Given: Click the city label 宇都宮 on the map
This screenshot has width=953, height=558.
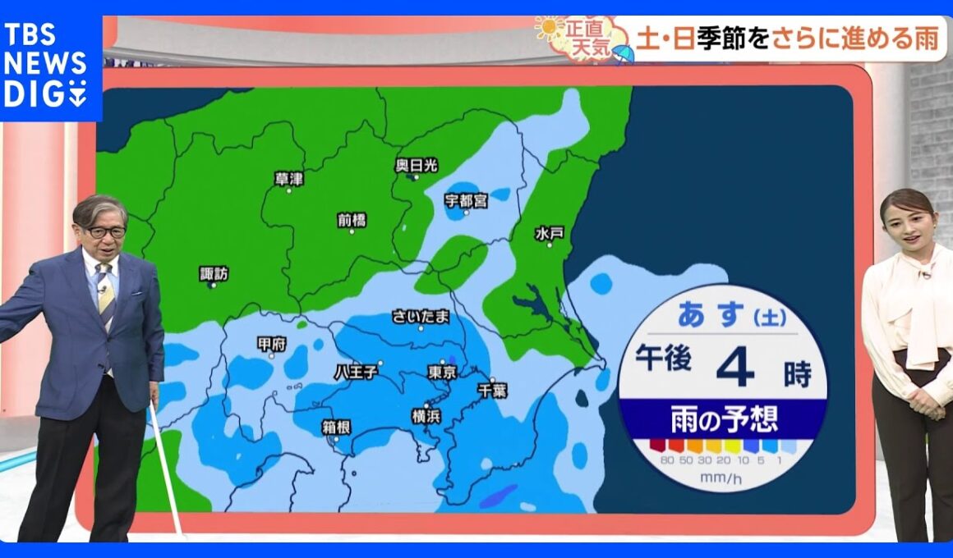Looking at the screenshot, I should pyautogui.click(x=466, y=199).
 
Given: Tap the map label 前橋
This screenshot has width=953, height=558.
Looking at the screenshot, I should pyautogui.click(x=352, y=219).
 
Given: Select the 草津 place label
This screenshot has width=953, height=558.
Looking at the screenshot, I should pyautogui.click(x=289, y=178).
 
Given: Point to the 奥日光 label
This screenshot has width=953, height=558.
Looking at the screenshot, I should pyautogui.click(x=417, y=165).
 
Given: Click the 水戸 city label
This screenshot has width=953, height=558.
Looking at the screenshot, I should pyautogui.click(x=549, y=233).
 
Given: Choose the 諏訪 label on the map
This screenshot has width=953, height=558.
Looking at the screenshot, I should pyautogui.click(x=214, y=273).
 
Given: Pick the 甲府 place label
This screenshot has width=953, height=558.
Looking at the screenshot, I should pyautogui.click(x=271, y=344).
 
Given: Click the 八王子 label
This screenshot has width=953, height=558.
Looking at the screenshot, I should pyautogui.click(x=356, y=372).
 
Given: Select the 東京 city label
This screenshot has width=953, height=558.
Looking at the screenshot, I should pyautogui.click(x=442, y=372).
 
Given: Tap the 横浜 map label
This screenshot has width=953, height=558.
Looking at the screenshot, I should pyautogui.click(x=426, y=416).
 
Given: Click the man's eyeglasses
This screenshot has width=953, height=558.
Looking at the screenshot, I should pyautogui.click(x=104, y=232).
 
